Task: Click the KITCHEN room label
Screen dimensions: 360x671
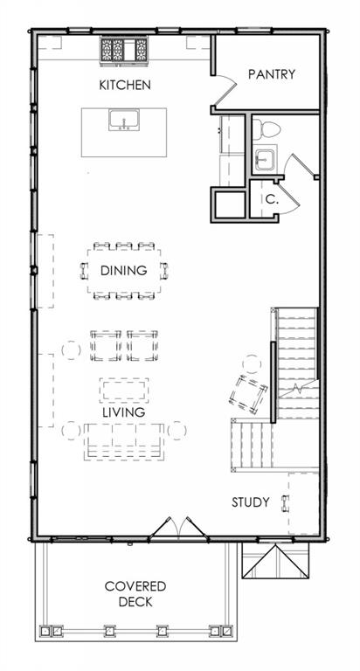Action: [125, 85]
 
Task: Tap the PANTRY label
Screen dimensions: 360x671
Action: [272, 74]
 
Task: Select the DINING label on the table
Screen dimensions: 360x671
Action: [124, 271]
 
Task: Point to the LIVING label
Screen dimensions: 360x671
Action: [124, 412]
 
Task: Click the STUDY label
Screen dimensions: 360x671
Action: [251, 502]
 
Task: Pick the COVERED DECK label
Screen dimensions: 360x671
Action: [135, 594]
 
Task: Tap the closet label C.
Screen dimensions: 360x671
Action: [270, 199]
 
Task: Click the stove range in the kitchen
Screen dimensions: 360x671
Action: [124, 51]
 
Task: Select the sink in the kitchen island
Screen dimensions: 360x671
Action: [124, 120]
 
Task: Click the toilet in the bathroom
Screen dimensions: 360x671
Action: [267, 128]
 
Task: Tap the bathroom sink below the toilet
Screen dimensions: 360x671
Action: [264, 159]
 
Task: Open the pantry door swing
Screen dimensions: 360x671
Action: [225, 91]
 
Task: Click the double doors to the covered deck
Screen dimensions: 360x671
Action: [179, 529]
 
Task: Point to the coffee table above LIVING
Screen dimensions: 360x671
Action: [124, 391]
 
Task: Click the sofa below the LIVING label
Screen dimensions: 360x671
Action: [124, 441]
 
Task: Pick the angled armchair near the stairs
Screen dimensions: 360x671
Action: [248, 395]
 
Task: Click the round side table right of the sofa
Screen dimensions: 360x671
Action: [177, 431]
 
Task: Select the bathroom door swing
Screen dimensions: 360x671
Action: [301, 165]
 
